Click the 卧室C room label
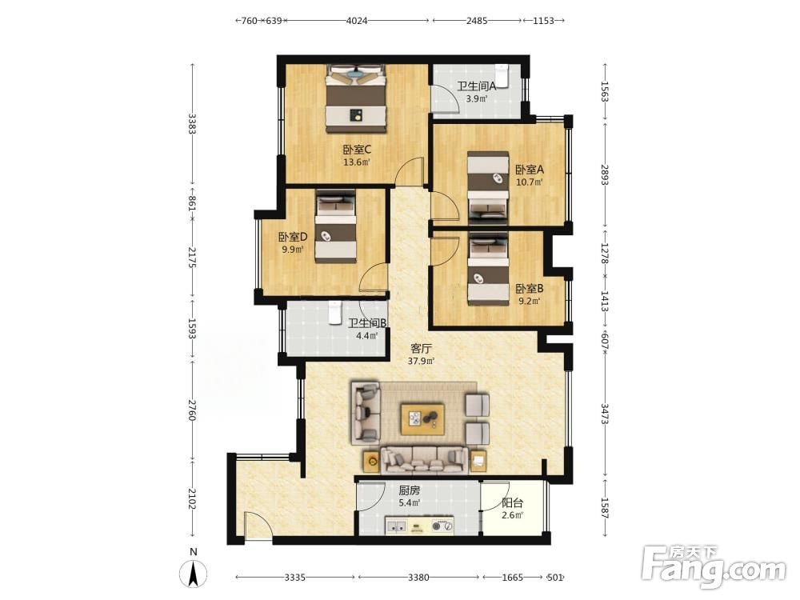pyautogui.click(x=357, y=150)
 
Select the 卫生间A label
pyautogui.click(x=476, y=86)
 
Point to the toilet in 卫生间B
pyautogui.click(x=334, y=312)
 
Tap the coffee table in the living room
pyautogui.click(x=422, y=419)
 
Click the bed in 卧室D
pyautogui.click(x=335, y=226)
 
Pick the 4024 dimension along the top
pyautogui.click(x=357, y=21)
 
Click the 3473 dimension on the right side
pyautogui.click(x=605, y=414)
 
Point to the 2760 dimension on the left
pyautogui.click(x=192, y=410)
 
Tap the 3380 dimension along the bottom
pyautogui.click(x=418, y=578)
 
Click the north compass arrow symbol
pyautogui.click(x=194, y=573)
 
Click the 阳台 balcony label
pyautogui.click(x=512, y=502)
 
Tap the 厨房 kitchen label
pyautogui.click(x=409, y=490)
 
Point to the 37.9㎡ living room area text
pyautogui.click(x=421, y=362)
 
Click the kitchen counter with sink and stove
pyautogui.click(x=419, y=525)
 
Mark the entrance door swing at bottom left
pyautogui.click(x=258, y=526)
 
